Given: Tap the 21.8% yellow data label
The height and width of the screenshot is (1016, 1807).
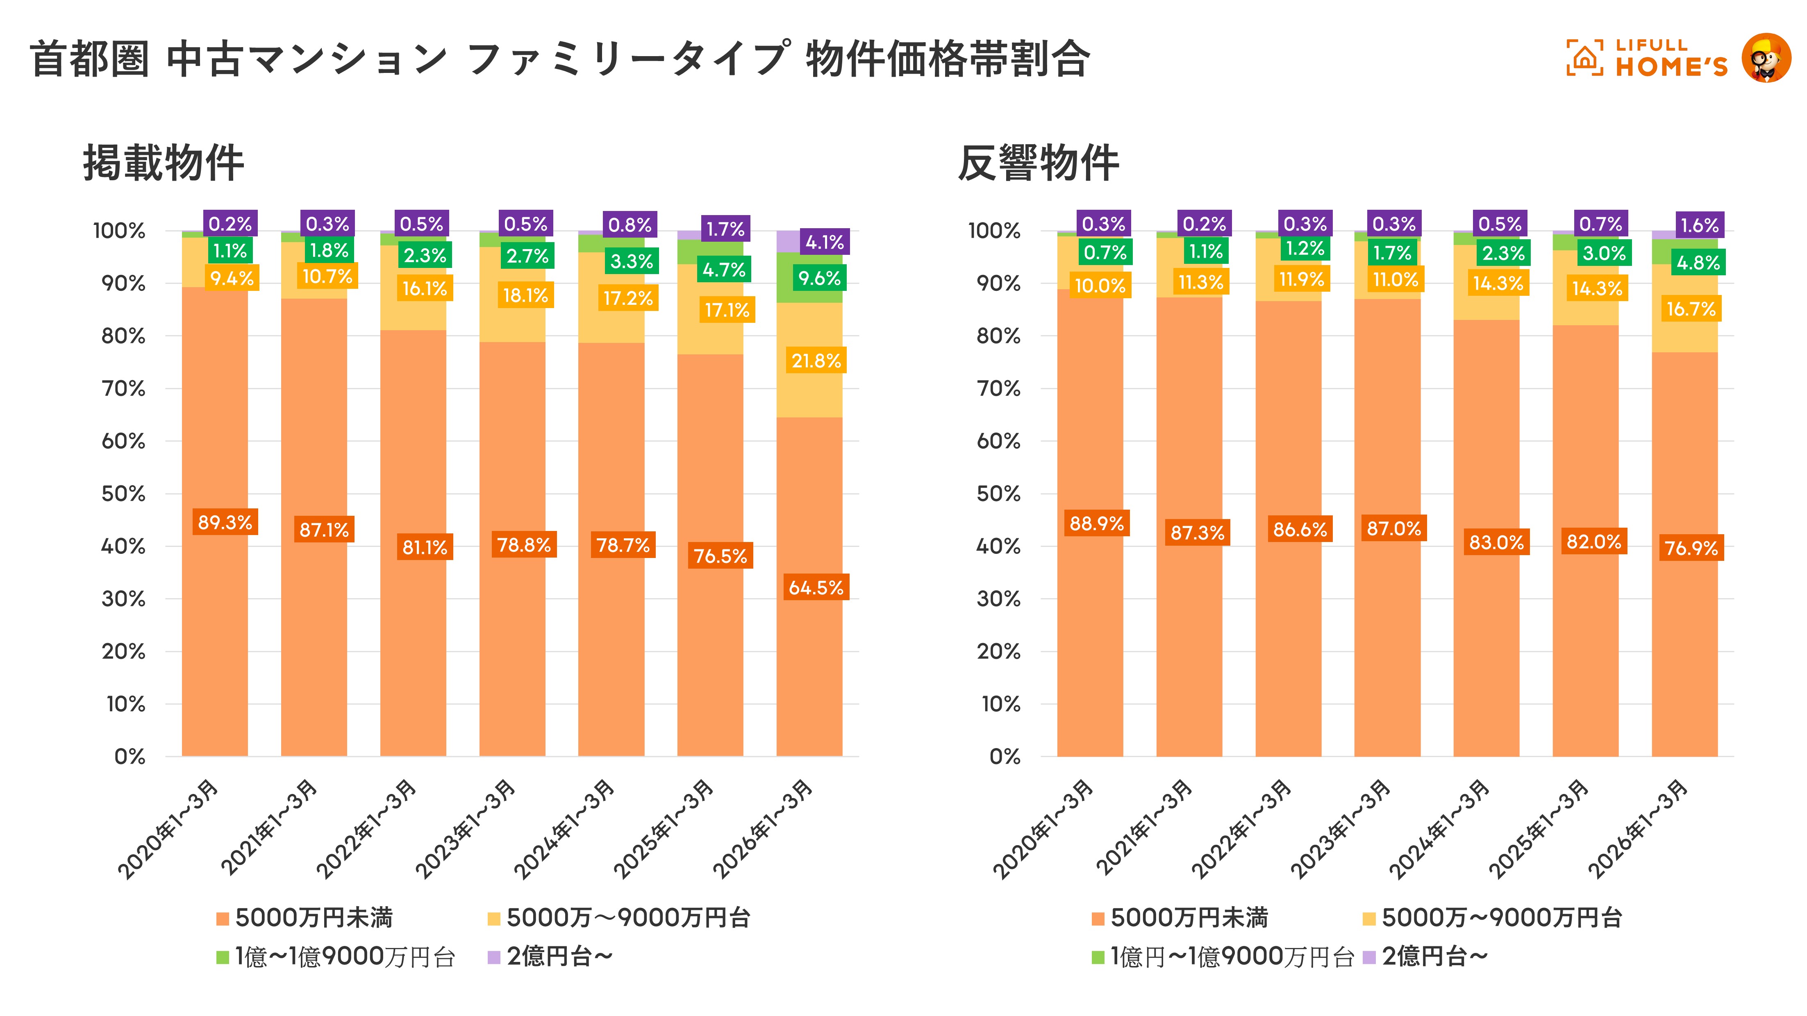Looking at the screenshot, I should click(x=816, y=361).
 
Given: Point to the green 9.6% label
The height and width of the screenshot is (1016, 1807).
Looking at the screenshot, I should click(x=818, y=278).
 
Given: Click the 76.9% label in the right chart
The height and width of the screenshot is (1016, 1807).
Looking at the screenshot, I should click(x=1691, y=548).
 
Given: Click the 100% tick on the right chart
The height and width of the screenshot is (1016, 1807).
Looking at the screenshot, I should click(x=993, y=231).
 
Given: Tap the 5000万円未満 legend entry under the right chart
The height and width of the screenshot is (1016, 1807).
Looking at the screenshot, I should click(x=1181, y=918).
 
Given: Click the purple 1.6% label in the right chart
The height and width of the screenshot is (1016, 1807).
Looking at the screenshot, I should click(x=1700, y=225).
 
